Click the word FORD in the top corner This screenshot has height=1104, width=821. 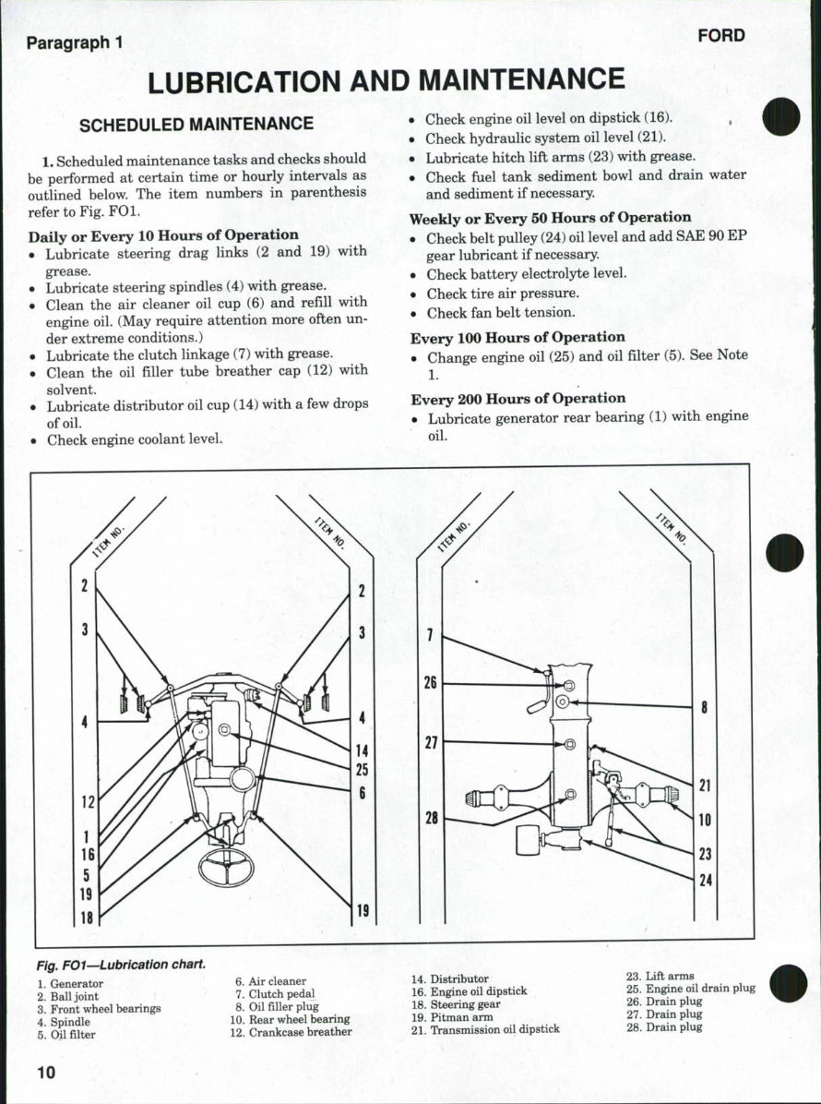[x=720, y=36]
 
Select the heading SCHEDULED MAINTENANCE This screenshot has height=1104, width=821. [x=196, y=124]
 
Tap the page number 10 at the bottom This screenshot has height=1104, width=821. [x=46, y=1072]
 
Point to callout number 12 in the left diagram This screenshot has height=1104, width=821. [x=86, y=802]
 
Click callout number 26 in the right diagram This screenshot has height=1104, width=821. [x=430, y=683]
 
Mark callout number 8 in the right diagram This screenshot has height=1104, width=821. [x=704, y=709]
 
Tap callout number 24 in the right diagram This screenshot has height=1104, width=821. [x=706, y=880]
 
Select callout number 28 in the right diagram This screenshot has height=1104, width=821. [x=431, y=819]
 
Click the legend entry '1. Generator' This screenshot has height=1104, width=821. [x=70, y=984]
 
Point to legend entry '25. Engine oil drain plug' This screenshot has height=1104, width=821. [x=690, y=989]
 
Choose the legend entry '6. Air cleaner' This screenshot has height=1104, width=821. [x=270, y=981]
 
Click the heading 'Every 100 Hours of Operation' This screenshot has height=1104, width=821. [x=518, y=338]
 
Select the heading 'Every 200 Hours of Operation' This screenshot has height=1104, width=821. [x=518, y=399]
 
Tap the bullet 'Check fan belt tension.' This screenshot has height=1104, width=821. [x=500, y=313]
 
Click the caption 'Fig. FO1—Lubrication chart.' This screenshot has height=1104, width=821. [x=120, y=965]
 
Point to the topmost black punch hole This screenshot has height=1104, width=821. [x=783, y=117]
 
